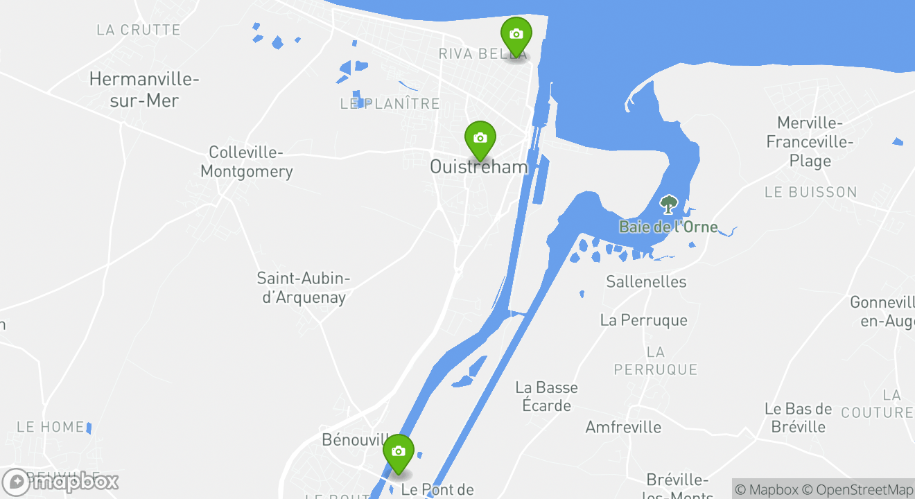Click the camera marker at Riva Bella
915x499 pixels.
[x=516, y=35]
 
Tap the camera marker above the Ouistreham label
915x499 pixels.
[x=480, y=139]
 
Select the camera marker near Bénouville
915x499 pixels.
[x=398, y=452]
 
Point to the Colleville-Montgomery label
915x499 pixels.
[x=247, y=161]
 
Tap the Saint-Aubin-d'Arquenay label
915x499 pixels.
[x=304, y=288]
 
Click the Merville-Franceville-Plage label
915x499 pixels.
[x=810, y=142]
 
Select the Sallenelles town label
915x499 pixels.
[x=646, y=281]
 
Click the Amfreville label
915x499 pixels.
[x=623, y=427]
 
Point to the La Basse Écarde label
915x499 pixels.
[x=546, y=396]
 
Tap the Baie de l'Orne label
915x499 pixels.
[x=668, y=227]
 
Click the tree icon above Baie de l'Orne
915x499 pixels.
[x=668, y=204]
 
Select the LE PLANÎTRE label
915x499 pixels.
[x=390, y=104]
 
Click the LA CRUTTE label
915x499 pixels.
[x=139, y=30]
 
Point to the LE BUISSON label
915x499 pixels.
[x=810, y=192]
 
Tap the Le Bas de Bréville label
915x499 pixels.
[x=798, y=418]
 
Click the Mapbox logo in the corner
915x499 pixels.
[x=60, y=482]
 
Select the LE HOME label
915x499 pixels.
[x=50, y=427]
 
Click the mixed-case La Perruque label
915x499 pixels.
[x=644, y=320]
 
